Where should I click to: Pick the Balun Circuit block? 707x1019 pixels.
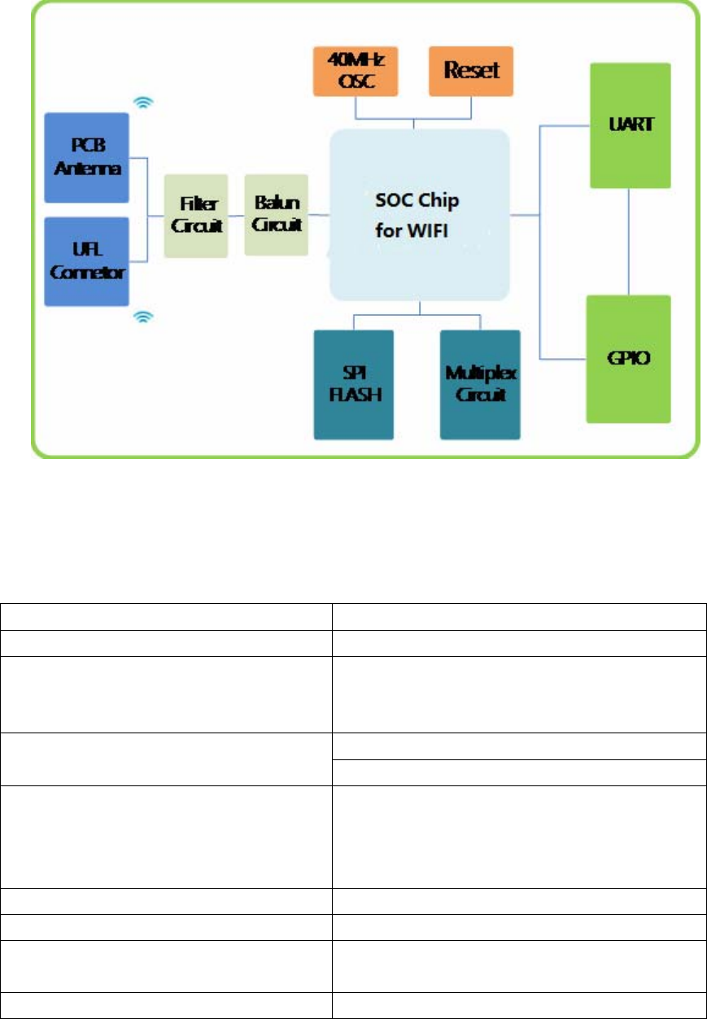click(x=277, y=213)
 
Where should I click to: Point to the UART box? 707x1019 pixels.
click(x=629, y=127)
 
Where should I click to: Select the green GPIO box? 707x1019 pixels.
click(x=629, y=358)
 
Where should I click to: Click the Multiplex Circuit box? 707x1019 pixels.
click(x=481, y=384)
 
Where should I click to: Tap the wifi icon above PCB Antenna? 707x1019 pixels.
click(x=144, y=103)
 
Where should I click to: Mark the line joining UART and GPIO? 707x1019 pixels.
click(x=629, y=242)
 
